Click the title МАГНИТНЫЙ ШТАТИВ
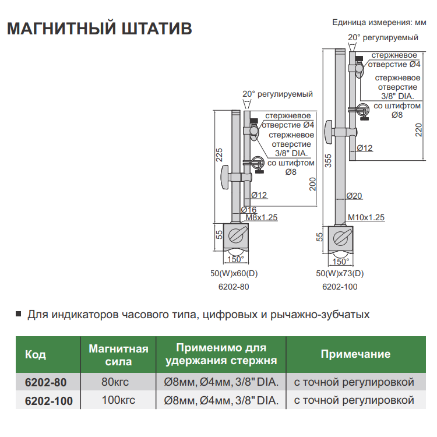(x=99, y=29)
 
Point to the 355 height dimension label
(x=328, y=160)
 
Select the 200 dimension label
(x=312, y=185)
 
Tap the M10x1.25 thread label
(x=366, y=217)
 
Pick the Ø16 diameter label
(x=249, y=209)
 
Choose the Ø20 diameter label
(x=354, y=196)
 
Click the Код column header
(x=36, y=355)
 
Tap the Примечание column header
(x=355, y=354)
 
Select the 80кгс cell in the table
(x=118, y=383)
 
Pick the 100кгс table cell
(x=118, y=400)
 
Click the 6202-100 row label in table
(x=49, y=401)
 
